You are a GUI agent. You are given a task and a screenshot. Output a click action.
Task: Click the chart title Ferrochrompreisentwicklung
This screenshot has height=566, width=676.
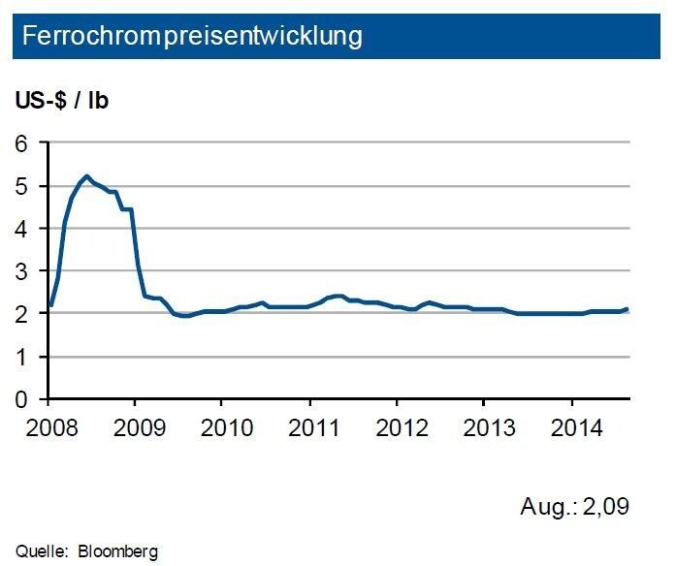192,37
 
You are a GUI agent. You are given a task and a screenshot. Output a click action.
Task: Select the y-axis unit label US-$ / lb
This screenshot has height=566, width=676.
61,101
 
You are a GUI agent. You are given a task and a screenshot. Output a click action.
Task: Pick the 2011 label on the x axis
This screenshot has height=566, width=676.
309,426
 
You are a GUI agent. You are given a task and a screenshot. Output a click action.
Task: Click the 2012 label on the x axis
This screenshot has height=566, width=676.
397,426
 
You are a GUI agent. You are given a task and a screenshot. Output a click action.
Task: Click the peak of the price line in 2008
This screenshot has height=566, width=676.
87,176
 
